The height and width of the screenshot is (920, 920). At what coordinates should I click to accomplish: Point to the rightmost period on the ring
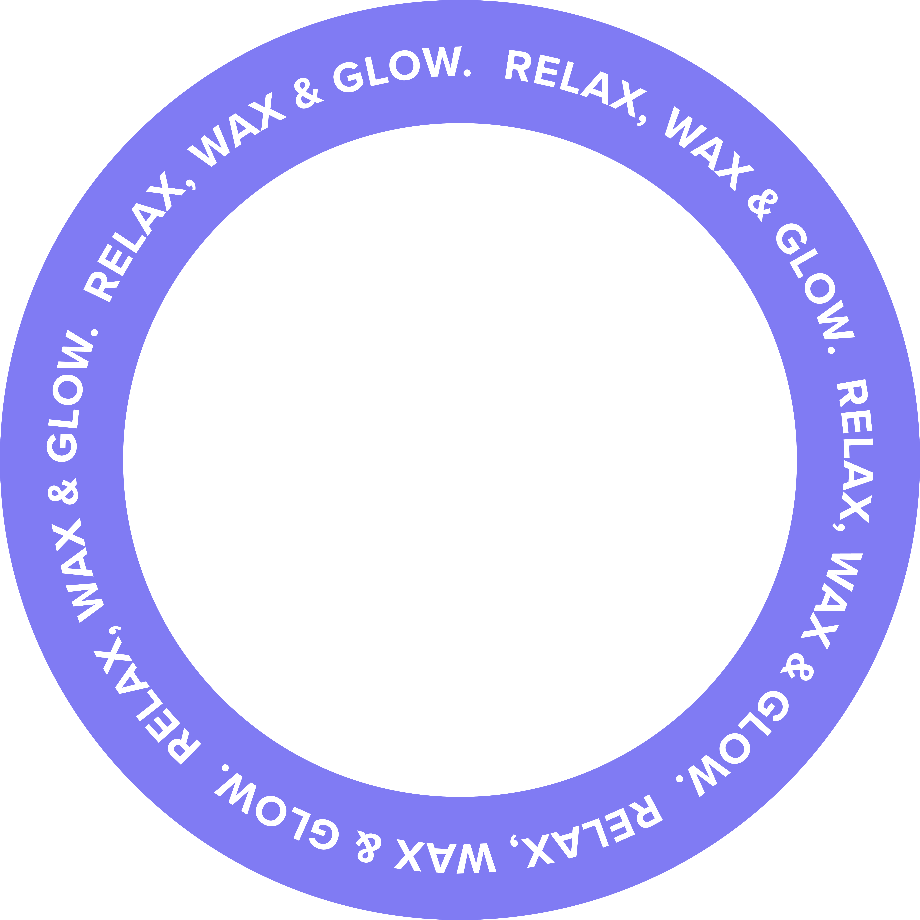tap(831, 351)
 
